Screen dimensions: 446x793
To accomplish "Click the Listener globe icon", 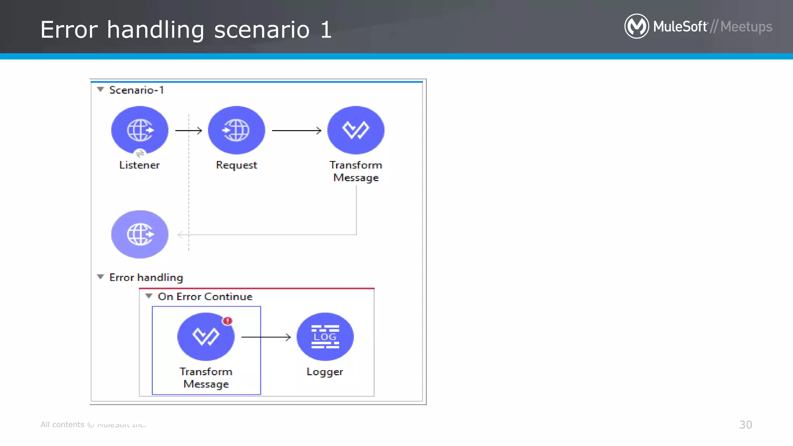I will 139,130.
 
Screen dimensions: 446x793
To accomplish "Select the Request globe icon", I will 236,130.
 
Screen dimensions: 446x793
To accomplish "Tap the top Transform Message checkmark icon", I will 355,130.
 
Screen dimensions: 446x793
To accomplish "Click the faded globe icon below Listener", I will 139,234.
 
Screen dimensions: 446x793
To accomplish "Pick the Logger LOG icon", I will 325,336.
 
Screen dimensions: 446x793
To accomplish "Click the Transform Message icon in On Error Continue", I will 206,336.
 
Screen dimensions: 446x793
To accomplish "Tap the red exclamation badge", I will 228,321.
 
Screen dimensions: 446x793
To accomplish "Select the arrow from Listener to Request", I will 189,130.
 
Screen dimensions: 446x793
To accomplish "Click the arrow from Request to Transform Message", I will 297,130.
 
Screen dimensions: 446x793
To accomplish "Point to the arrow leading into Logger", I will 266,337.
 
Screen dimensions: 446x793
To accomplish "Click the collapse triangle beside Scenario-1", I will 101,89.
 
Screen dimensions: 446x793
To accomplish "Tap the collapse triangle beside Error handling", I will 101,277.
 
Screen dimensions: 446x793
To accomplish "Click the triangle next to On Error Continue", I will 149,296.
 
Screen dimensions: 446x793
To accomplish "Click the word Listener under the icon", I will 139,165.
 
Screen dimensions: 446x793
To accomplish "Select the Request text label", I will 236,165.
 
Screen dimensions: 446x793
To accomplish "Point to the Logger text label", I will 324,372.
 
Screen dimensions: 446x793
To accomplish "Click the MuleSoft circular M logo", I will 636,26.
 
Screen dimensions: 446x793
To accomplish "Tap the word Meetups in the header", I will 746,27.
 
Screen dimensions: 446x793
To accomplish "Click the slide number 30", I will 745,425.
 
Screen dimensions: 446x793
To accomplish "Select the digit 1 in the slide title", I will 326,30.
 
